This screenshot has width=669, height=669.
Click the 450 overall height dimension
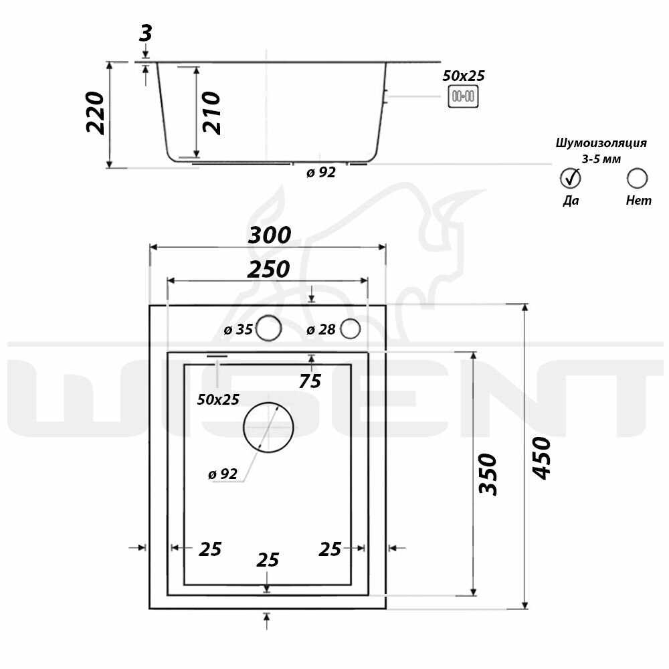pyautogui.click(x=542, y=458)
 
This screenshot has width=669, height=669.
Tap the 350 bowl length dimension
pyautogui.click(x=488, y=474)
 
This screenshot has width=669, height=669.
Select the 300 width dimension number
pyautogui.click(x=269, y=235)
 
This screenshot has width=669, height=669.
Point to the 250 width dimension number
pyautogui.click(x=269, y=269)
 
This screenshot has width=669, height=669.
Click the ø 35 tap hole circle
pyautogui.click(x=268, y=328)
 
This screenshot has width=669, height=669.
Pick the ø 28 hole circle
pyautogui.click(x=351, y=328)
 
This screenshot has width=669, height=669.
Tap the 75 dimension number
pyautogui.click(x=310, y=381)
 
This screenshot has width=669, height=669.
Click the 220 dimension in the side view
pyautogui.click(x=95, y=113)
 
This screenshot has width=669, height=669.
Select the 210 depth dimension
pyautogui.click(x=211, y=112)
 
